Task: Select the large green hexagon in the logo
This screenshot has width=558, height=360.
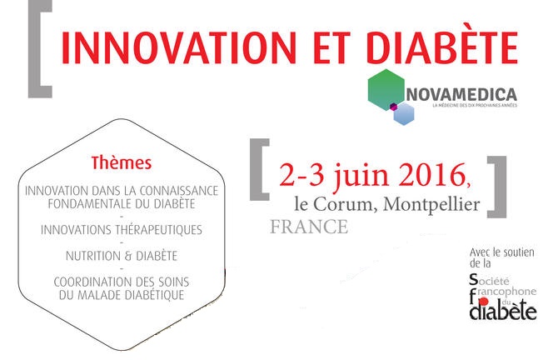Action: point(386,89)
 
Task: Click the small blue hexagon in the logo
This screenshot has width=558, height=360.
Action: point(404,114)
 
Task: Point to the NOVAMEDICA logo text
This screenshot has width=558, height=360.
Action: point(461,95)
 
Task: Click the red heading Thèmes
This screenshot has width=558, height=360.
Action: point(122,163)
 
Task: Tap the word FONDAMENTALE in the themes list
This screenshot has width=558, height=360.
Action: point(90,204)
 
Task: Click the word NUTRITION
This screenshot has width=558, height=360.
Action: point(93,256)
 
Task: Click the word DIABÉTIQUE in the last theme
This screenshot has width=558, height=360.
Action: point(148,295)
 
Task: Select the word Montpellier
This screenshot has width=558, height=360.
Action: point(431,205)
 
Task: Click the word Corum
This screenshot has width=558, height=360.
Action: point(344,204)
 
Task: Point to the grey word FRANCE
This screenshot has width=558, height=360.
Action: point(309,227)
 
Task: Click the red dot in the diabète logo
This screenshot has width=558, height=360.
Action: point(484,302)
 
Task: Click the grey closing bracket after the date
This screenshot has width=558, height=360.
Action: point(497,187)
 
